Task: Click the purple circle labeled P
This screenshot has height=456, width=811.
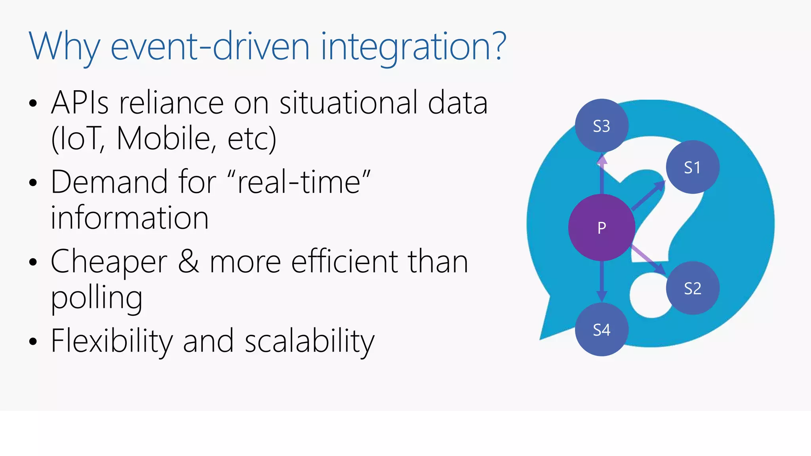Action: coord(602,227)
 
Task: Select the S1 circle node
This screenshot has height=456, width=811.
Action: coord(692,167)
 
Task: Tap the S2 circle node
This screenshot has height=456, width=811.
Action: coord(692,288)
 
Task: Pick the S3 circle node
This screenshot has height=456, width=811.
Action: coord(602,126)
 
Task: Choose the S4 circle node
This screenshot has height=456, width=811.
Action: coord(602,329)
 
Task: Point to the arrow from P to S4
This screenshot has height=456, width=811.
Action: coord(602,281)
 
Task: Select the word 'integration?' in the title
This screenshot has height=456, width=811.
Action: coord(413,47)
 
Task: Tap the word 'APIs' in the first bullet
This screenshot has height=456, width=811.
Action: coord(80,103)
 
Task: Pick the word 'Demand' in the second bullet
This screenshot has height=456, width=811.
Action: coord(109,182)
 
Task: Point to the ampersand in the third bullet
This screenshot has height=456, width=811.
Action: coord(188,262)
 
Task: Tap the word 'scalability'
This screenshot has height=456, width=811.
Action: coord(309,341)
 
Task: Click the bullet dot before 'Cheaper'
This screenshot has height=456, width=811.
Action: coord(33,262)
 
